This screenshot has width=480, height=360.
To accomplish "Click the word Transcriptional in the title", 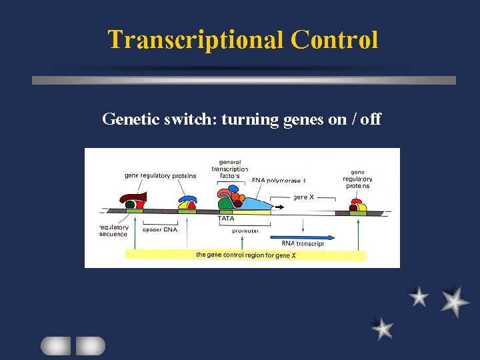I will pos(196,40).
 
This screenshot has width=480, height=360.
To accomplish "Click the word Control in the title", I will pos(334,40).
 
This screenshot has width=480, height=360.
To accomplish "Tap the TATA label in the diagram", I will pos(226,219).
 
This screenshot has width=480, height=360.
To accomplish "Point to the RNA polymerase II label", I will pos(278,180).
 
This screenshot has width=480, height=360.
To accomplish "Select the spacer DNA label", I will pos(160,230).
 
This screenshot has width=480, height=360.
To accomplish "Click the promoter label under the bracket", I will pos(246,231).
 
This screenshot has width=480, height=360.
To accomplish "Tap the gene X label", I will pos(303,197).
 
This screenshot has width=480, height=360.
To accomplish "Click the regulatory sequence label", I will pos(113,231).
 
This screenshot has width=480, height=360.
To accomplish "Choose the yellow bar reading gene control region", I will pos(246,255).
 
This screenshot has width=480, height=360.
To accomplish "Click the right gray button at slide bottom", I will pos(90,345).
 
